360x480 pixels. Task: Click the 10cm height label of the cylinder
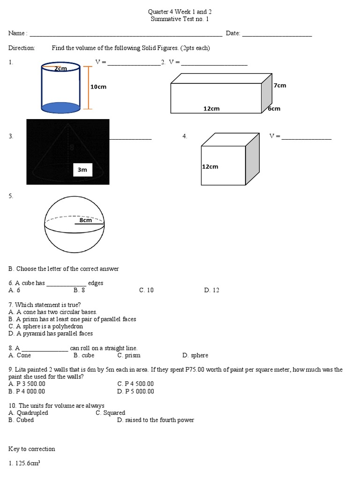click(98, 87)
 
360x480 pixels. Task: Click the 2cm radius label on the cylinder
click(60, 68)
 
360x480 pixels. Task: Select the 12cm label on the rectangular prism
click(211, 108)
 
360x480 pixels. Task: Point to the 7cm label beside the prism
click(280, 85)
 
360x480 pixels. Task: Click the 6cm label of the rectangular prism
click(274, 108)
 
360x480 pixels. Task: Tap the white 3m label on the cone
click(82, 170)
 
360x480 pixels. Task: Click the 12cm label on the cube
click(210, 166)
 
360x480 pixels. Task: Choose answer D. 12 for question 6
click(211, 290)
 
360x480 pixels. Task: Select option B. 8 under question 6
click(79, 290)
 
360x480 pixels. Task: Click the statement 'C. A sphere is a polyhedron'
click(45, 326)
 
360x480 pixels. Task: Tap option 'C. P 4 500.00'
click(135, 384)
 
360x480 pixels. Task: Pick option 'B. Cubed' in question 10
click(21, 420)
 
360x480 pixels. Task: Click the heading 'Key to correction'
click(31, 449)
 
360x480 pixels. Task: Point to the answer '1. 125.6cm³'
click(24, 463)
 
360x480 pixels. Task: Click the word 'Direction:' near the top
click(22, 48)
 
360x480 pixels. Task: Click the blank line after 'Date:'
click(277, 34)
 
